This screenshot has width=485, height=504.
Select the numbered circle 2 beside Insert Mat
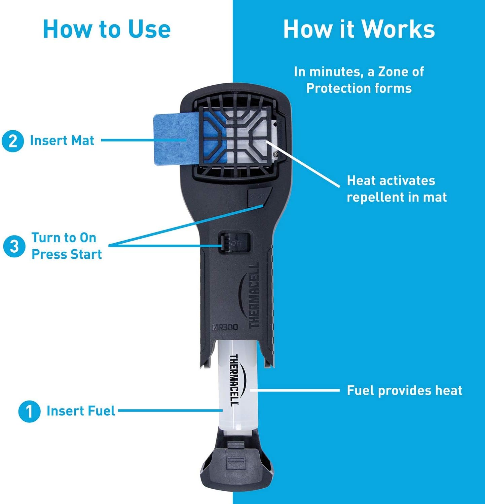pyautogui.click(x=13, y=141)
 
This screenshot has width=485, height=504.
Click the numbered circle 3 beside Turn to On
pyautogui.click(x=14, y=246)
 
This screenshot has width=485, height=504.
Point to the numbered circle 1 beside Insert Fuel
pyautogui.click(x=29, y=411)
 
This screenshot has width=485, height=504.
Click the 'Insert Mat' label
pyautogui.click(x=62, y=140)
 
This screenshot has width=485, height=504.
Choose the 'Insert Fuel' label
pyautogui.click(x=81, y=411)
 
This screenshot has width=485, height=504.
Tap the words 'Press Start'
pyautogui.click(x=67, y=254)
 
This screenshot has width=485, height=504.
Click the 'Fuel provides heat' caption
pyautogui.click(x=404, y=390)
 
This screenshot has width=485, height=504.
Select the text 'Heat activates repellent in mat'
pyautogui.click(x=397, y=189)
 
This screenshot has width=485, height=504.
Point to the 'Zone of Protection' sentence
pyautogui.click(x=359, y=80)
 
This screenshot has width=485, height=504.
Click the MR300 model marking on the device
pyautogui.click(x=225, y=327)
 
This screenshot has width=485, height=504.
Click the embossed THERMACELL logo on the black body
pyautogui.click(x=254, y=296)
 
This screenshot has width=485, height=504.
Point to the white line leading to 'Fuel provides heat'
pyautogui.click(x=295, y=390)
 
